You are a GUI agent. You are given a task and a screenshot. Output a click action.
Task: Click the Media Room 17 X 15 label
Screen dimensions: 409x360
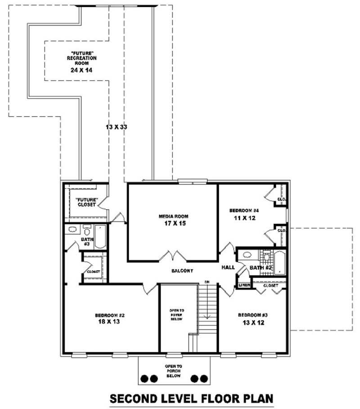pos(173,220)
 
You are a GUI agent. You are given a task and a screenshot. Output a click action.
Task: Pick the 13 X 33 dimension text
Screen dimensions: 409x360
pos(117,127)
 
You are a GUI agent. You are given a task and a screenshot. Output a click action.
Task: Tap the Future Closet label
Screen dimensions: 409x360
pos(85,202)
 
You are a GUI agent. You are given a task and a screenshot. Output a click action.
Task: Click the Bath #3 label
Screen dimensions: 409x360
pos(87,242)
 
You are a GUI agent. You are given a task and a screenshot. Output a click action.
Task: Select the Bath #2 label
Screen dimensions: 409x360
pos(261,268)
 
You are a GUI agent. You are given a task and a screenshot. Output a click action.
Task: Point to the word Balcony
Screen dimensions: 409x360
pos(182,271)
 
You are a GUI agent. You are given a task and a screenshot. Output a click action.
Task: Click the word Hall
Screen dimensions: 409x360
pos(228,268)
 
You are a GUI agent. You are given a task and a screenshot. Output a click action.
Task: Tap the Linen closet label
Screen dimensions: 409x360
pos(244,285)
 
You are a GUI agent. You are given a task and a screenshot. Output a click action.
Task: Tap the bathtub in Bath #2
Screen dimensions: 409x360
pos(280,262)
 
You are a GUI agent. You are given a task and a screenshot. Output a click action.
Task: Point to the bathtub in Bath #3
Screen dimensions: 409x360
pos(100,237)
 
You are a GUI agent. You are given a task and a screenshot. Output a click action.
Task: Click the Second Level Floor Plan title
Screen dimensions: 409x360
pos(192,398)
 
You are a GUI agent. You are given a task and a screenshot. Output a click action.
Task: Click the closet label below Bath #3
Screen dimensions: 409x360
pos(93,272)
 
